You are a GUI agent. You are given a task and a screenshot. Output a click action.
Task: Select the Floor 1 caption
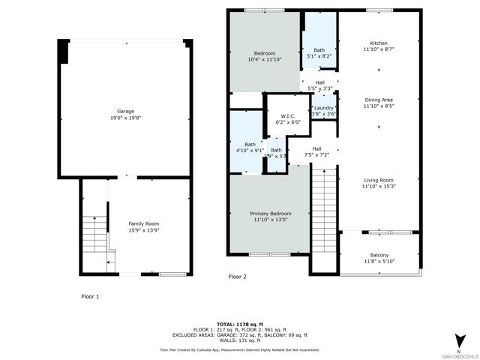pos(90,296)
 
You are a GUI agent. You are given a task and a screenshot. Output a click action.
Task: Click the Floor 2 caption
pos(237,277)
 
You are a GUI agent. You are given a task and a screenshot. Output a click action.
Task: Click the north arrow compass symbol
pos(458,339)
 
